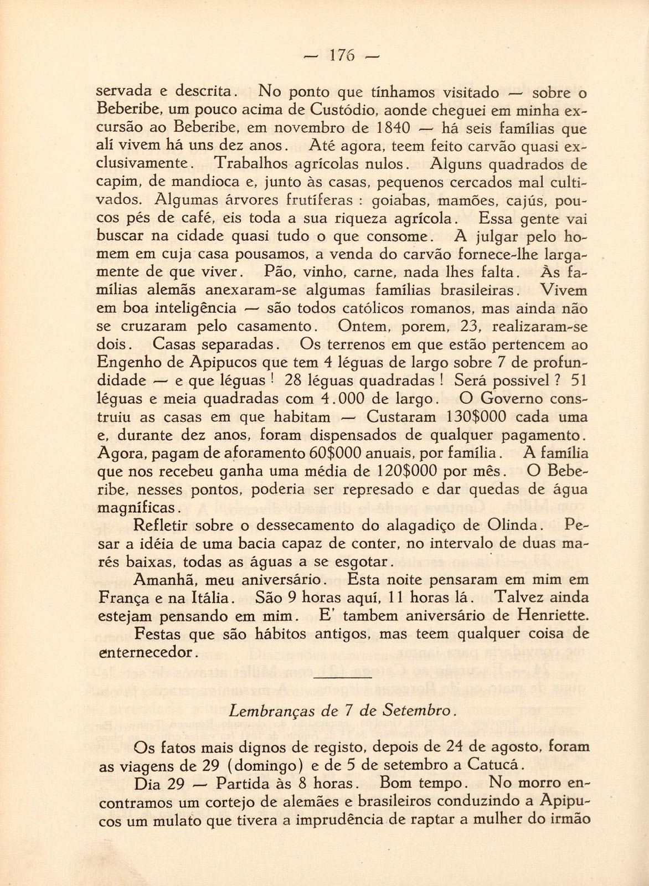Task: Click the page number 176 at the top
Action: pyautogui.click(x=341, y=55)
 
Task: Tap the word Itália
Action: pyautogui.click(x=210, y=598)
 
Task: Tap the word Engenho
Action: pyautogui.click(x=128, y=363)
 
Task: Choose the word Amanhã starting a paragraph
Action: pyautogui.click(x=166, y=580)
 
